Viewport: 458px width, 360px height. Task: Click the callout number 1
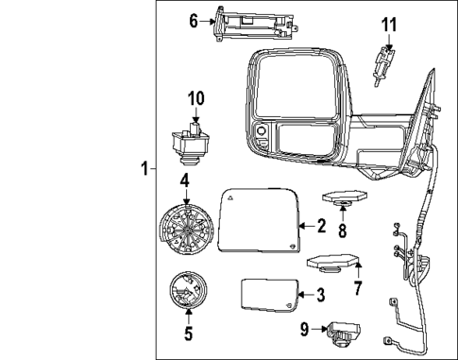point(144,170)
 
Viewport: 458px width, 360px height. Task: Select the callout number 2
point(321,226)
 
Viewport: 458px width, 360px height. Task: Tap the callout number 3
point(321,295)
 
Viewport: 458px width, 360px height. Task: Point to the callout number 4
point(185,179)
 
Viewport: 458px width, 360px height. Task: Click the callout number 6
point(195,20)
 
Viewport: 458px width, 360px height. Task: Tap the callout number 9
point(305,329)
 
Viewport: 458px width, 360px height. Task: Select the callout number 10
point(195,98)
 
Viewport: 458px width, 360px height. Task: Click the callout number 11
point(389,25)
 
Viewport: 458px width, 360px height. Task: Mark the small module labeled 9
point(343,333)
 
